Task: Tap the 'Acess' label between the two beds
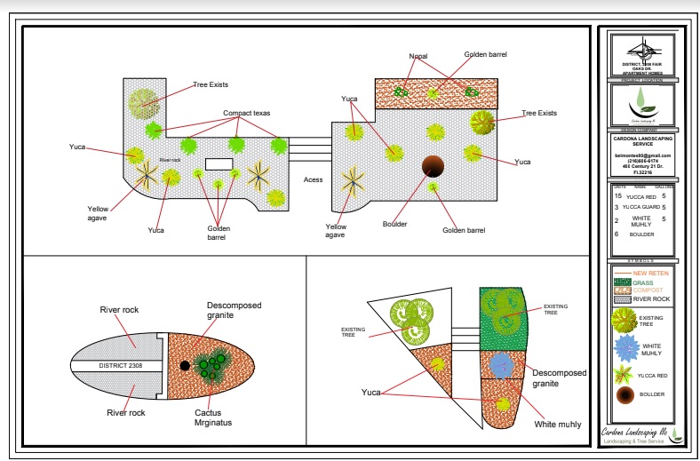313,179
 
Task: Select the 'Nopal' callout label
418,55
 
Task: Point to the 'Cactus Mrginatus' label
213,417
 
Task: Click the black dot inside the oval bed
185,366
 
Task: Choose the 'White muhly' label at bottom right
558,425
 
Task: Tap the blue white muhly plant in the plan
502,364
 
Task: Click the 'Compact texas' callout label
247,114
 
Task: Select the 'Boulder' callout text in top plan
393,224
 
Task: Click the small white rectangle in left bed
219,164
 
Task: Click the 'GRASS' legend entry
642,282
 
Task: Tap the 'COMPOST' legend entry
648,290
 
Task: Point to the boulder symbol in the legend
626,394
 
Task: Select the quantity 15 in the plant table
617,195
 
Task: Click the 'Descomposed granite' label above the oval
235,310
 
